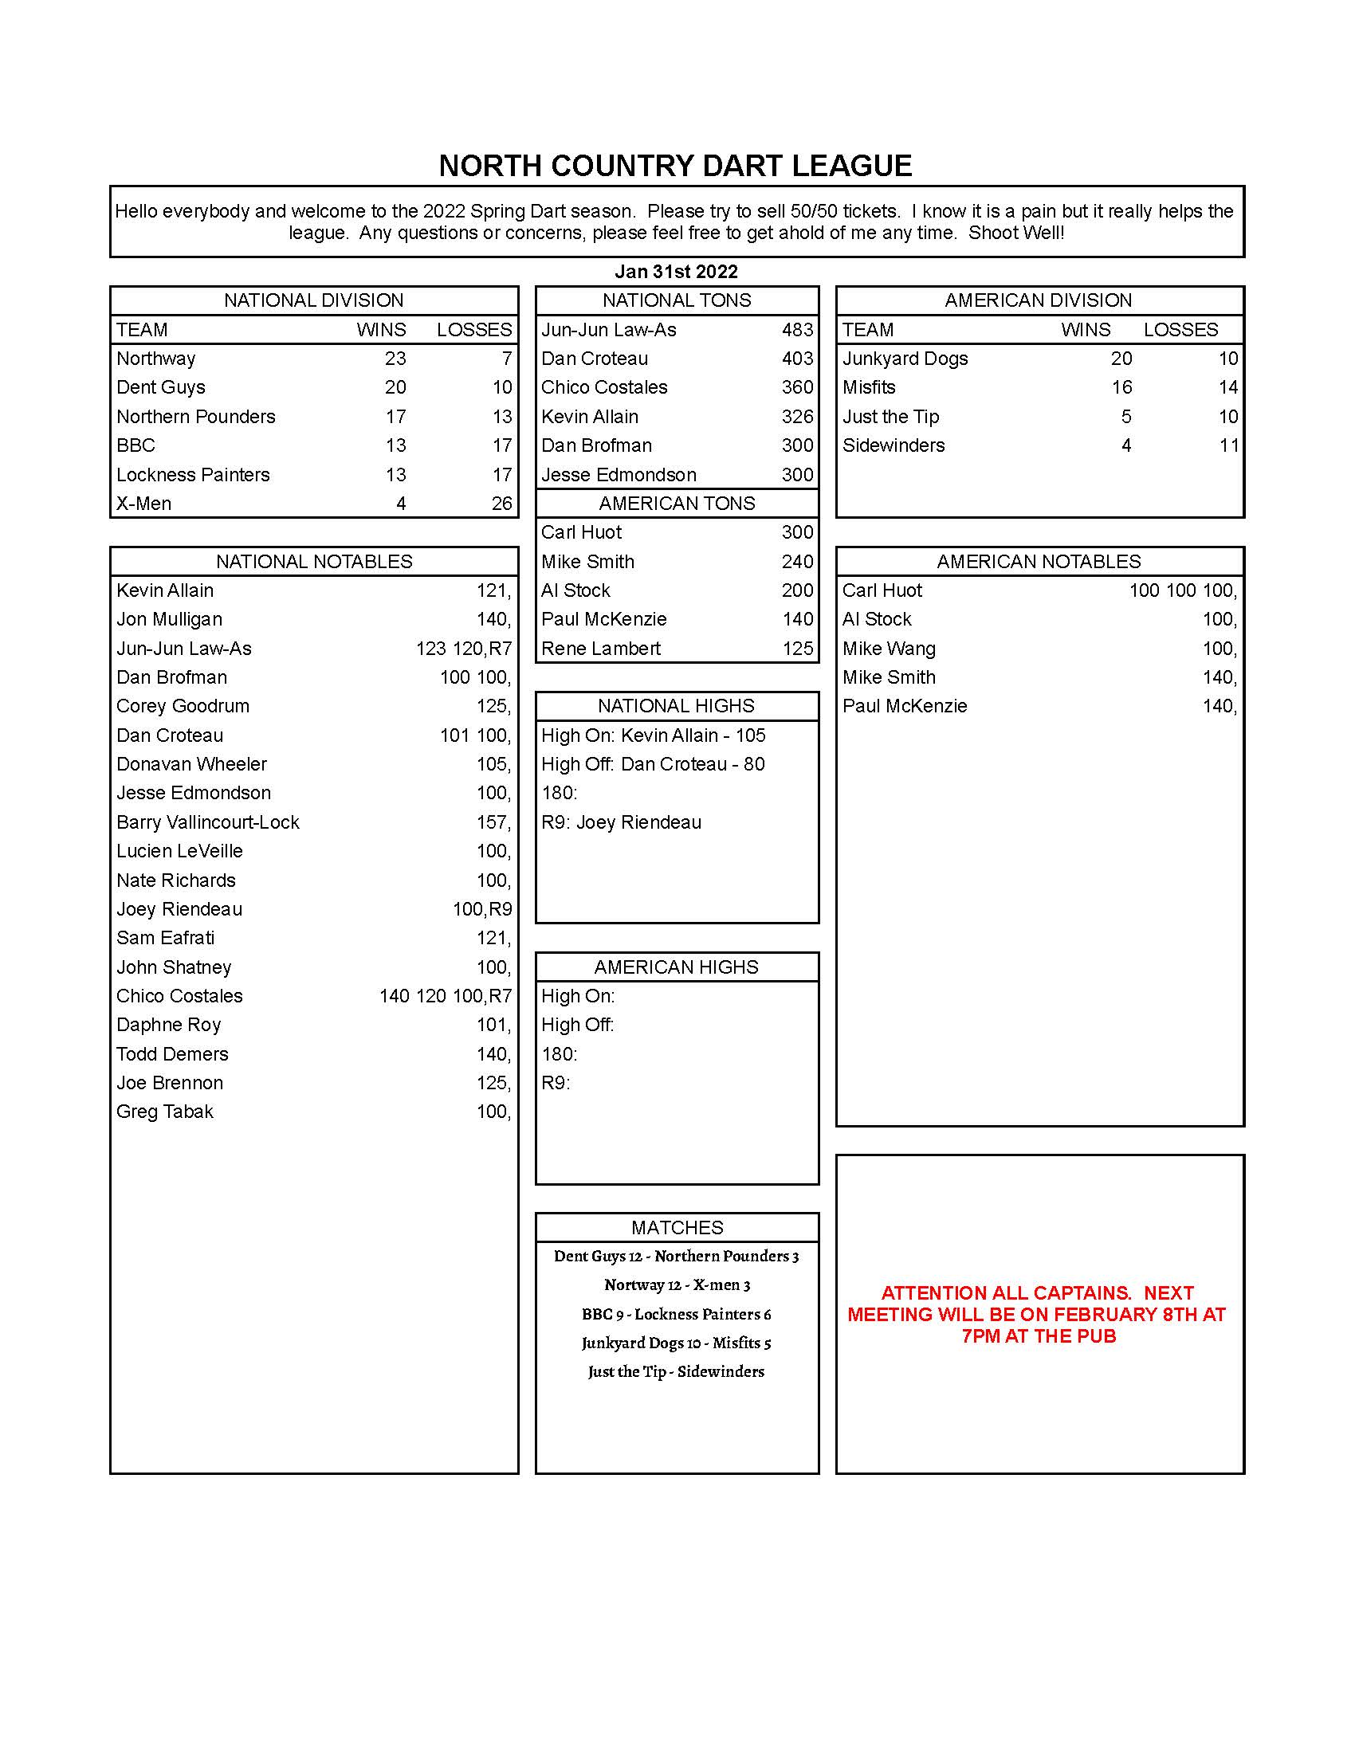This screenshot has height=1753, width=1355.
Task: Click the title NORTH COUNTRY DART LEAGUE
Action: (x=675, y=167)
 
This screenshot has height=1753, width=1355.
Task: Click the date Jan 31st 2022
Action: (x=676, y=271)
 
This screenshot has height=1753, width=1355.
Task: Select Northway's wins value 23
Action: (x=395, y=359)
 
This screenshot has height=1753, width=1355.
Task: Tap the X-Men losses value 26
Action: (x=501, y=504)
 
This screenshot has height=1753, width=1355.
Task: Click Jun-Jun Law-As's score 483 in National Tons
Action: (x=797, y=330)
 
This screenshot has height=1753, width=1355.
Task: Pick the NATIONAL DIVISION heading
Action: (x=313, y=300)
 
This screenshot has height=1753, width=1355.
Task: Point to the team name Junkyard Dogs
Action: (x=905, y=359)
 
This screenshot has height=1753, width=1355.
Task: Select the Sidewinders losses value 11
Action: (x=1228, y=445)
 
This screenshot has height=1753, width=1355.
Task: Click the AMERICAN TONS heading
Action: (x=677, y=504)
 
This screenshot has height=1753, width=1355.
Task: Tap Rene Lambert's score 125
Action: (x=797, y=649)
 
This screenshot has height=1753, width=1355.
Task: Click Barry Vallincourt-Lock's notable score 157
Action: (x=493, y=823)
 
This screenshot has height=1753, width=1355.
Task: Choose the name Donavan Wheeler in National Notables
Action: (x=191, y=764)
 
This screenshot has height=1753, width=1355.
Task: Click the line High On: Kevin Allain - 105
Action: (x=653, y=735)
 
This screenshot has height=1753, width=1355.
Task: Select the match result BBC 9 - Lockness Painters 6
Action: (x=676, y=1314)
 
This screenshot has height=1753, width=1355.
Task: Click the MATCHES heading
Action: (x=677, y=1227)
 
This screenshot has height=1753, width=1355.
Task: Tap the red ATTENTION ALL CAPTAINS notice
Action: (x=1037, y=1314)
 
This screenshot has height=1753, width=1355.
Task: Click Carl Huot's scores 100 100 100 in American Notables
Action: (x=1181, y=590)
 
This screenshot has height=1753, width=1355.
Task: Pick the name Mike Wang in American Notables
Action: (x=889, y=649)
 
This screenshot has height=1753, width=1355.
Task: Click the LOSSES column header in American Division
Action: (x=1180, y=330)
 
